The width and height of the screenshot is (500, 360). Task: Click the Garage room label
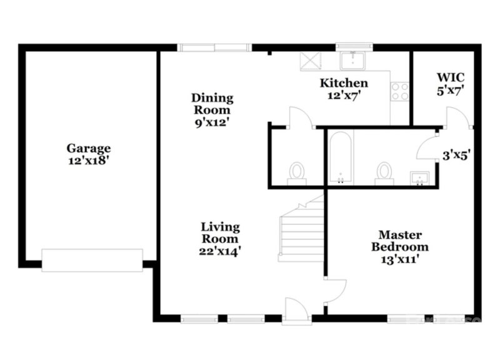tap(89, 148)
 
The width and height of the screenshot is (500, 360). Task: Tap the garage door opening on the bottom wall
tap(92, 259)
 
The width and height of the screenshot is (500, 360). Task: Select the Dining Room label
tap(212, 104)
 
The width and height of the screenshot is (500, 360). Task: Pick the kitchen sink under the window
tap(354, 60)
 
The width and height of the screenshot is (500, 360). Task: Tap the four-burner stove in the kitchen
tap(399, 91)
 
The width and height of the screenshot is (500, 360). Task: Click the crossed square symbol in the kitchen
tap(310, 61)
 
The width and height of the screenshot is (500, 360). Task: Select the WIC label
tap(450, 77)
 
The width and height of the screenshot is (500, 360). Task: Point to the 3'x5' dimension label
tap(456, 155)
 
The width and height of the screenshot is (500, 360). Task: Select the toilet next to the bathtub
tap(384, 172)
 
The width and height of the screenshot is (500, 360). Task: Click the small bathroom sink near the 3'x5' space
tap(418, 178)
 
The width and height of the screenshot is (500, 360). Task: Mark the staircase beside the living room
tap(301, 231)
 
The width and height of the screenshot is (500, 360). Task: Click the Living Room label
tap(220, 232)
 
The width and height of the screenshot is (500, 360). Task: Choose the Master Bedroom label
tap(400, 241)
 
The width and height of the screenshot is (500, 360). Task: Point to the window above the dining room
tap(214, 47)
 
